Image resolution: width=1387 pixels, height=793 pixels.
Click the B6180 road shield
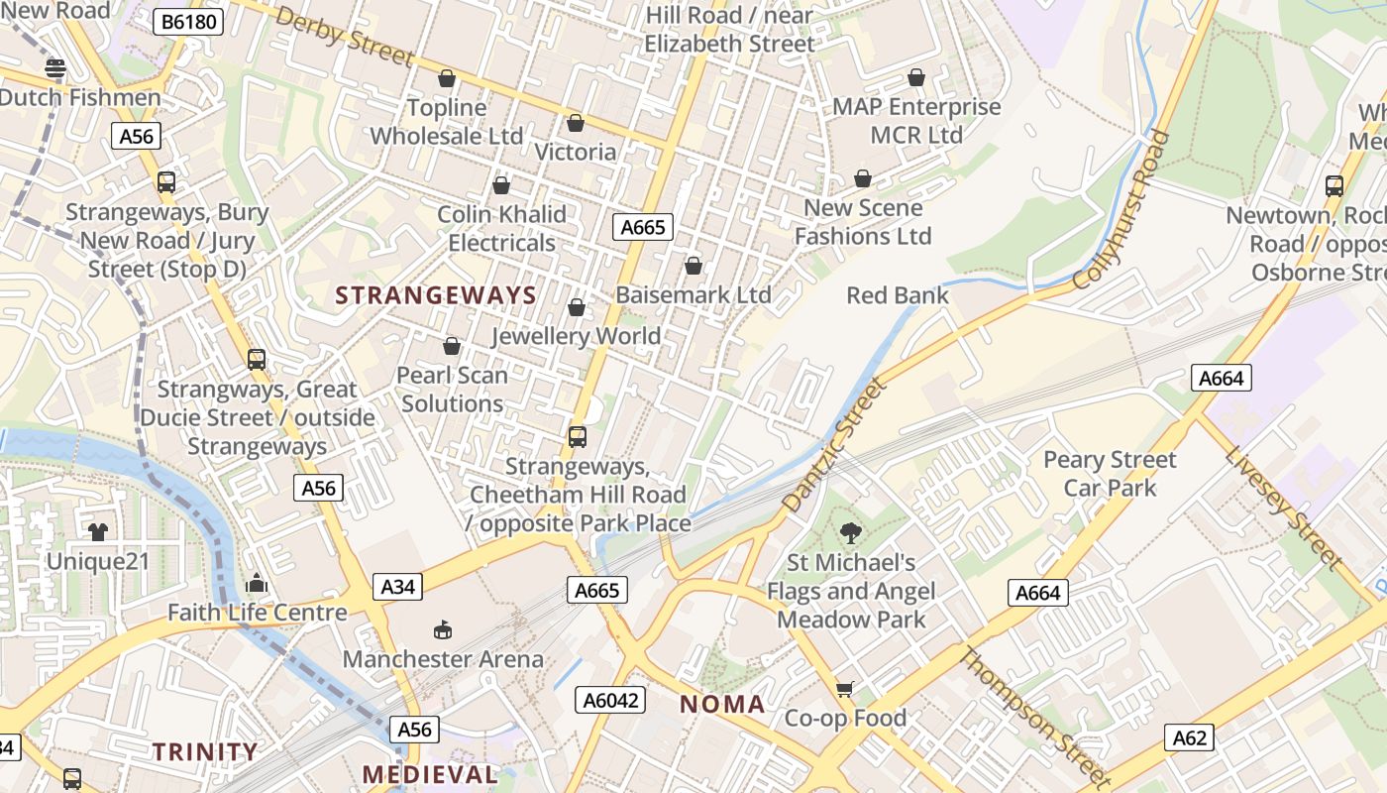pos(187,21)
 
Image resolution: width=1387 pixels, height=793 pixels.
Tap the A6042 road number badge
pos(610,700)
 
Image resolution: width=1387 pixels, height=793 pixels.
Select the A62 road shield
pos(1189,737)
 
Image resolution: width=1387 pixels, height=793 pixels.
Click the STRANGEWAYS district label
pos(436,295)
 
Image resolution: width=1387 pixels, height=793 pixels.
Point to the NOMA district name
pos(722,705)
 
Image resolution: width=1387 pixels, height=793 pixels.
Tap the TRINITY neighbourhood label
pos(205,751)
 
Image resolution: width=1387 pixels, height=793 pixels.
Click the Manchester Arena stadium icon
pos(443,629)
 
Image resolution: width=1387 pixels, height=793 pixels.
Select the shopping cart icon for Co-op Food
pos(844,689)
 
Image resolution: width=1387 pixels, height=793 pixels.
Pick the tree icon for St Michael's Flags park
pos(850,533)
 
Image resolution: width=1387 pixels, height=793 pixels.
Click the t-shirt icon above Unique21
pos(97,532)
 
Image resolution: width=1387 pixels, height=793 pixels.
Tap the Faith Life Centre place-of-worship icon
pos(257,583)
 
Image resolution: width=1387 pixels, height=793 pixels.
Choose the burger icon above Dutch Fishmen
pos(55,68)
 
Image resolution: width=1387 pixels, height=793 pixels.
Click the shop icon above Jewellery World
pos(576,307)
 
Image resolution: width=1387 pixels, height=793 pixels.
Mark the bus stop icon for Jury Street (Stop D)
pos(165,182)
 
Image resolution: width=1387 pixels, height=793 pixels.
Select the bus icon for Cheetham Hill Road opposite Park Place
pos(577,436)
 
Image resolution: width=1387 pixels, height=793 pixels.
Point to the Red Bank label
pos(897,295)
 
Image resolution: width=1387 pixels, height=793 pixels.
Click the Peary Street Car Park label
pos(1110,474)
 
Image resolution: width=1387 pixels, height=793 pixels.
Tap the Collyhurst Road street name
pos(1122,209)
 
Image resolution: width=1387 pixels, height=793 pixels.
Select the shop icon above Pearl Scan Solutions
pos(452,346)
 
